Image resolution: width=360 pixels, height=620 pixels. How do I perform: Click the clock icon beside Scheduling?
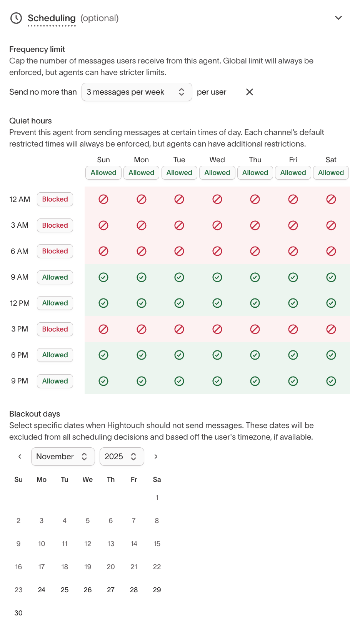(16, 18)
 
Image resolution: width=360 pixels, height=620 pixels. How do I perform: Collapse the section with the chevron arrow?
(338, 18)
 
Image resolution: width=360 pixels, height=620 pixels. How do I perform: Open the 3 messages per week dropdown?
(137, 92)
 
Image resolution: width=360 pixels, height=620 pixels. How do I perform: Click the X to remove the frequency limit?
(250, 92)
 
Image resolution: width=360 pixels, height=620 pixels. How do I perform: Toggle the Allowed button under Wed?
(217, 173)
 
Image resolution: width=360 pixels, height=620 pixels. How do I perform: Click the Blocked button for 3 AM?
(55, 225)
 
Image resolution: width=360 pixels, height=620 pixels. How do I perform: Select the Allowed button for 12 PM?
(55, 303)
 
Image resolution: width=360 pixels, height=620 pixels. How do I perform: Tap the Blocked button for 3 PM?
(55, 329)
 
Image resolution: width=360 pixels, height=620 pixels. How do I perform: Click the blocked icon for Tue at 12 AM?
(179, 199)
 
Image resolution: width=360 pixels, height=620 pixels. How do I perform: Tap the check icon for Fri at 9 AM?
(293, 277)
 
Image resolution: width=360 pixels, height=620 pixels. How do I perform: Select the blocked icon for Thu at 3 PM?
(255, 329)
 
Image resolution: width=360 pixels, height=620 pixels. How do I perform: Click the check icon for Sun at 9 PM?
(103, 381)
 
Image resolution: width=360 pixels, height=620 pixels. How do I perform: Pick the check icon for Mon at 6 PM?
(142, 355)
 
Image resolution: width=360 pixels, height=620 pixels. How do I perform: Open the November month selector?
(63, 457)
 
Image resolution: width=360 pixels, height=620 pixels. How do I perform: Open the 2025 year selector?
(122, 457)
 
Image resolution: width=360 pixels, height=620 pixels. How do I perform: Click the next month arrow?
(156, 457)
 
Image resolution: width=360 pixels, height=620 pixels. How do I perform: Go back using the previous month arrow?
(20, 457)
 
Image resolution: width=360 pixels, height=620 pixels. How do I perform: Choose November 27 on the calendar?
(111, 590)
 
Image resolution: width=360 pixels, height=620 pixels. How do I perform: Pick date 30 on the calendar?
(18, 613)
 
